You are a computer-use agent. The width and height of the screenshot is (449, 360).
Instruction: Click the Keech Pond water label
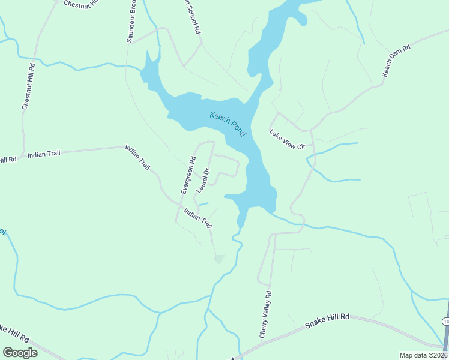[x=228, y=124]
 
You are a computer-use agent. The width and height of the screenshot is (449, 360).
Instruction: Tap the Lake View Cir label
[x=288, y=140]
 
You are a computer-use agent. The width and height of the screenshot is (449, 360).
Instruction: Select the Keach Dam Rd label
[x=396, y=60]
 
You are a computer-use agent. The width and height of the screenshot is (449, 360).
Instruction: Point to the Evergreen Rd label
[x=188, y=175]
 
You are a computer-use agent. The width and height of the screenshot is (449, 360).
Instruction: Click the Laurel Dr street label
[x=202, y=181]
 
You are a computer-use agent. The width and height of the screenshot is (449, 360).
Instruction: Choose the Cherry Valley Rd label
[x=265, y=315]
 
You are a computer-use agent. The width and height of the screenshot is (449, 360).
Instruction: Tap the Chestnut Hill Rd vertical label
[x=28, y=87]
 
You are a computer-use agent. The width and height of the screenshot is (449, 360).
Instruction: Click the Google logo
[x=20, y=352]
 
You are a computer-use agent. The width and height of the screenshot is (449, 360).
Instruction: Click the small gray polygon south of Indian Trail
[x=219, y=259]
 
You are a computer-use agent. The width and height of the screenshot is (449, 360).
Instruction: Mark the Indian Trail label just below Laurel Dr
[x=198, y=217]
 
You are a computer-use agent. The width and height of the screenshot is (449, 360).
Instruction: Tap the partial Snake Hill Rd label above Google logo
[x=14, y=335]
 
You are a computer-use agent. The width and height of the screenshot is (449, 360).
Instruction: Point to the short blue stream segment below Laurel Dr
[x=203, y=204]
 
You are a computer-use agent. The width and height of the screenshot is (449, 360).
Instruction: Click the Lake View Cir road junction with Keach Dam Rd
[x=310, y=130]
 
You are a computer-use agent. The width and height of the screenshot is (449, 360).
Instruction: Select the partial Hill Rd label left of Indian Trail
[x=8, y=160]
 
